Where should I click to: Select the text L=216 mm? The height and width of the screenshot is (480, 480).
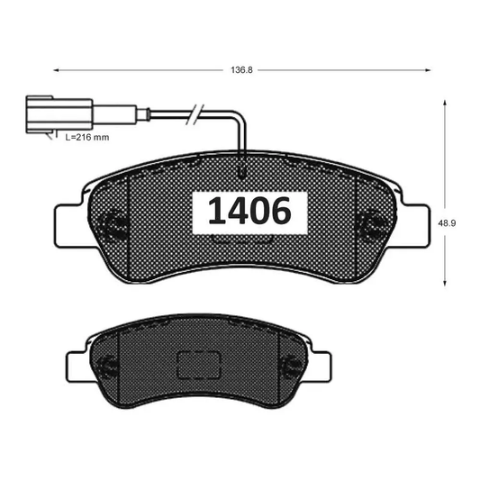[87, 139]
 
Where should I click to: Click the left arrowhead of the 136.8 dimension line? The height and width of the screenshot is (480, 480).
[57, 68]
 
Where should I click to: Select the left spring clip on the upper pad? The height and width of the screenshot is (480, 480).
[114, 222]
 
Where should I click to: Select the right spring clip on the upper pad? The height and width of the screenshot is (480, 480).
[370, 222]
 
